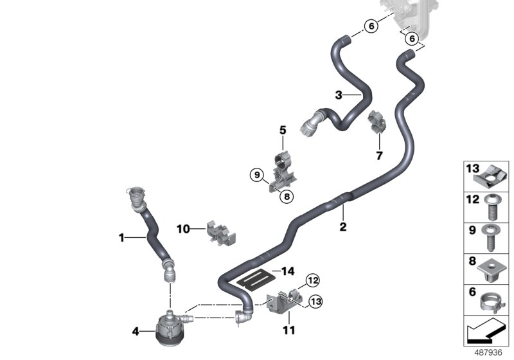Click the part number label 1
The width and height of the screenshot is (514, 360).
[x=121, y=238]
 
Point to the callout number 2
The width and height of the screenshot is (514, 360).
[x=343, y=227]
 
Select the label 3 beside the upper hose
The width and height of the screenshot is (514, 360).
[x=339, y=95]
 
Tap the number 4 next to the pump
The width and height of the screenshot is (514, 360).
[x=135, y=332]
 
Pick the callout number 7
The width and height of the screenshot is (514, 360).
[x=379, y=155]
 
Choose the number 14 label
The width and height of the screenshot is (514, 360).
[x=287, y=271]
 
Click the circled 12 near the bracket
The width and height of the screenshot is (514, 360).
[x=312, y=280]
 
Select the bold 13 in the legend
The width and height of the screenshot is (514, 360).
[x=473, y=169]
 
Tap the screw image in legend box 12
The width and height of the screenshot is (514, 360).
[x=492, y=203]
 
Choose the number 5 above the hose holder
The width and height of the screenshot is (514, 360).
[x=282, y=131]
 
